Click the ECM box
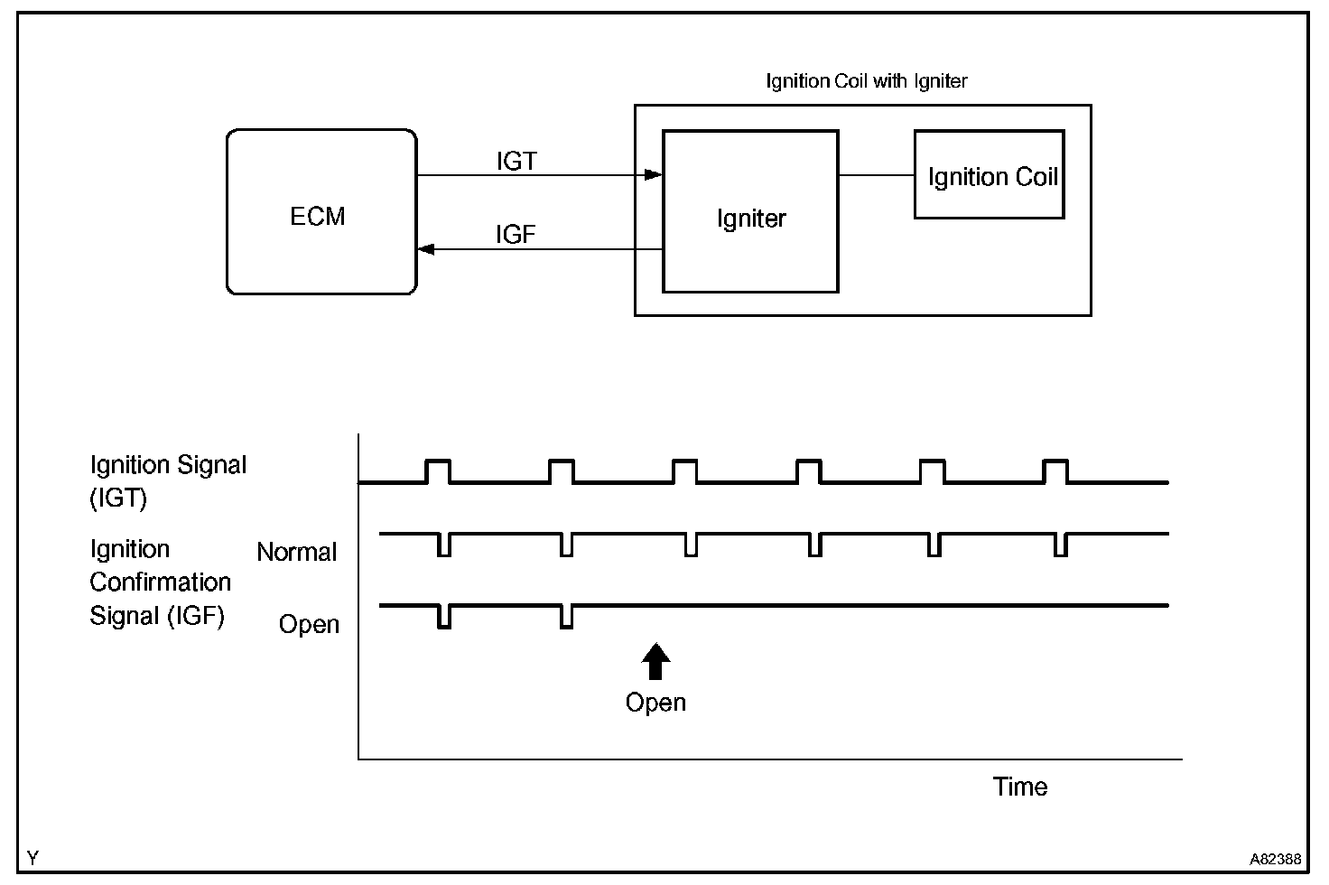[x=321, y=213]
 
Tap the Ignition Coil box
[x=990, y=175]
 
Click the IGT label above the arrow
[x=516, y=161]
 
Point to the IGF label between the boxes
[x=516, y=235]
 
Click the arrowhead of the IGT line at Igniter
[x=655, y=175]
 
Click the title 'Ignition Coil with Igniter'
[x=866, y=81]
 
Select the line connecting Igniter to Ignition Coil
[x=876, y=175]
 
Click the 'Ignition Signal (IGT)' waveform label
[x=168, y=480]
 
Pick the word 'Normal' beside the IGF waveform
[x=296, y=552]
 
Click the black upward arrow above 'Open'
[x=655, y=661]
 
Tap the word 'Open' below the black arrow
[x=655, y=703]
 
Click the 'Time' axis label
[x=1020, y=787]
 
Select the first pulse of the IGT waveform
[x=438, y=470]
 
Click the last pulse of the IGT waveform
[x=1055, y=470]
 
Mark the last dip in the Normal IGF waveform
[x=1061, y=545]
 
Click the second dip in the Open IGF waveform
[x=566, y=616]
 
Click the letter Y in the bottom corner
[x=33, y=857]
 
